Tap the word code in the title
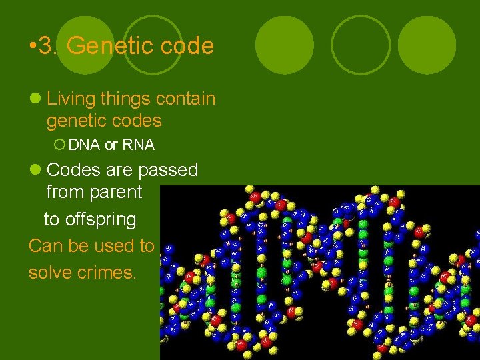186,46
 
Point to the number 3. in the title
50,46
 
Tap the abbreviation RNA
139,144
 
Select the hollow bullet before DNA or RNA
59,144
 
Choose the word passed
168,170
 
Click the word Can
44,246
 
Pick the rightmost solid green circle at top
427,45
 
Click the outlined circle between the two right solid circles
361,45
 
